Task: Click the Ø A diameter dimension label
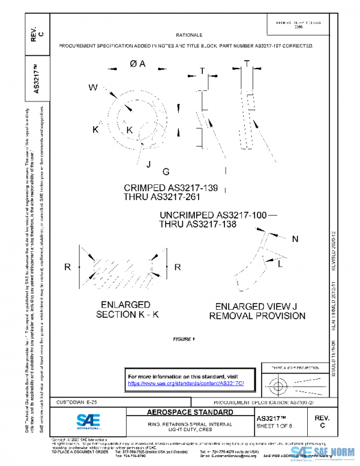coord(137,64)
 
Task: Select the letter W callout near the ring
coord(93,88)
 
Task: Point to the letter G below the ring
coord(166,172)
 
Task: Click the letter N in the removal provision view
coord(295,240)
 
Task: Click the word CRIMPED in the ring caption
coord(145,187)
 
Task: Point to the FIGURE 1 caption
coord(184,339)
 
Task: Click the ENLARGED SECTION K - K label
coord(125,310)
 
